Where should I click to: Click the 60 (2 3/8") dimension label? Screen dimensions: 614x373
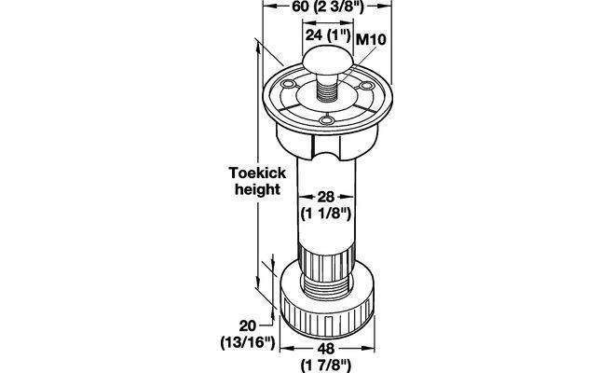(x=328, y=7)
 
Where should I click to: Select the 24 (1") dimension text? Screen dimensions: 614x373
(x=327, y=35)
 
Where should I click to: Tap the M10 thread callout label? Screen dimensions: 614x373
(x=371, y=39)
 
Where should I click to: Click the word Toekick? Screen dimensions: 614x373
(x=257, y=173)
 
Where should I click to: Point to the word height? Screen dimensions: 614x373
(x=257, y=189)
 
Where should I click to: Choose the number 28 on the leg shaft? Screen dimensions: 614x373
(x=326, y=197)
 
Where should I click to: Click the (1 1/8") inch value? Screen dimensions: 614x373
(x=326, y=214)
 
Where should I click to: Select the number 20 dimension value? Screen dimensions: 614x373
(x=248, y=325)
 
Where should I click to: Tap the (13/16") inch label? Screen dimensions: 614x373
(x=248, y=342)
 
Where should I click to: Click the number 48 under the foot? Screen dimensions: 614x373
(x=326, y=348)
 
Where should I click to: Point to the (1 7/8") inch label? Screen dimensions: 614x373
(x=326, y=366)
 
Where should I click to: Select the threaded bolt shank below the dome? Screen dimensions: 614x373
(x=327, y=88)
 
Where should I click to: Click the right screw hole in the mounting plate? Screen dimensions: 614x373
(x=366, y=85)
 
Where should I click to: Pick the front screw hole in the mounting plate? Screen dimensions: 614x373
(x=327, y=119)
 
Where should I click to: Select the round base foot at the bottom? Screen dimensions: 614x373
(x=327, y=299)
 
